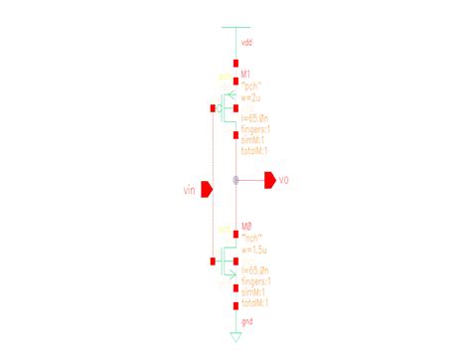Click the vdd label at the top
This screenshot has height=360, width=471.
tap(247, 45)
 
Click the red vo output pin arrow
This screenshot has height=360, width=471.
tap(268, 180)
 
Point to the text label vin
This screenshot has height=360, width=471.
tap(191, 188)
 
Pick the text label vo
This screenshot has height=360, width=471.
tap(283, 180)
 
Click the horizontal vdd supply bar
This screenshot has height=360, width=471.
tap(235, 27)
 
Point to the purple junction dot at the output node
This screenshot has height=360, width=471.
tap(235, 180)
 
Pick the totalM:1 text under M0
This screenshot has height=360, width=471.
tap(256, 300)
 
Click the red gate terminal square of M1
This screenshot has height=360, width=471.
tap(214, 107)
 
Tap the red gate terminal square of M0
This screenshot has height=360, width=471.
tap(214, 262)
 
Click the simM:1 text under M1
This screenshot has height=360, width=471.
tap(254, 141)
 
